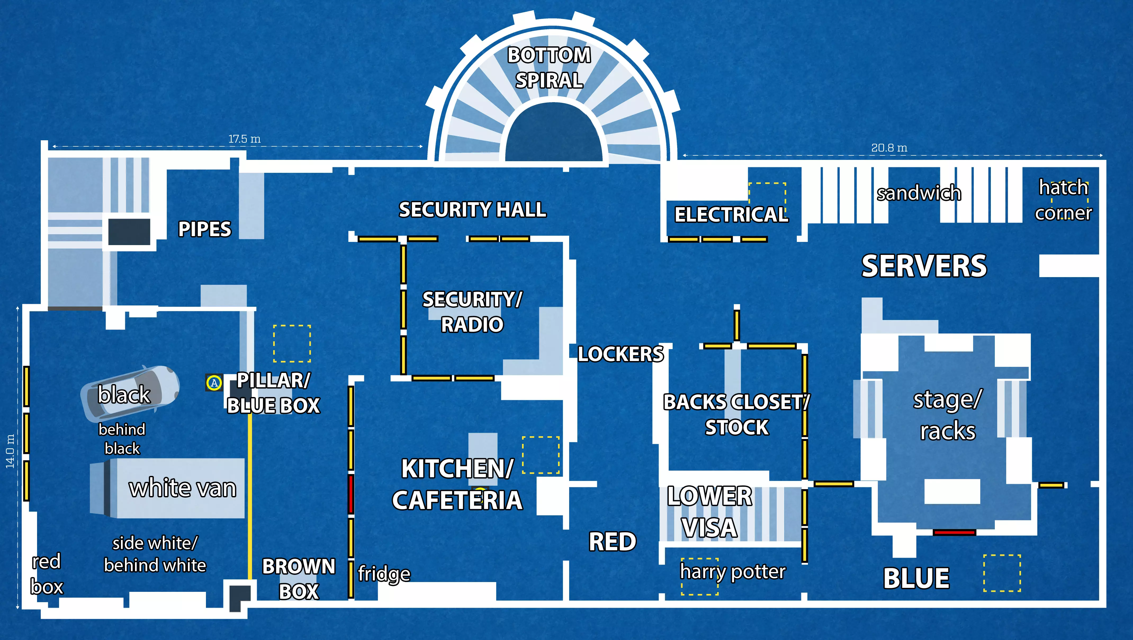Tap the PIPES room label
pos(205,229)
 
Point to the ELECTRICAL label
pos(731,215)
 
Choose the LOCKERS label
pos(620,354)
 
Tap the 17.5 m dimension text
pos(245,139)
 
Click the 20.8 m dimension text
pos(889,148)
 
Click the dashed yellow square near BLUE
pos(1002,573)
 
